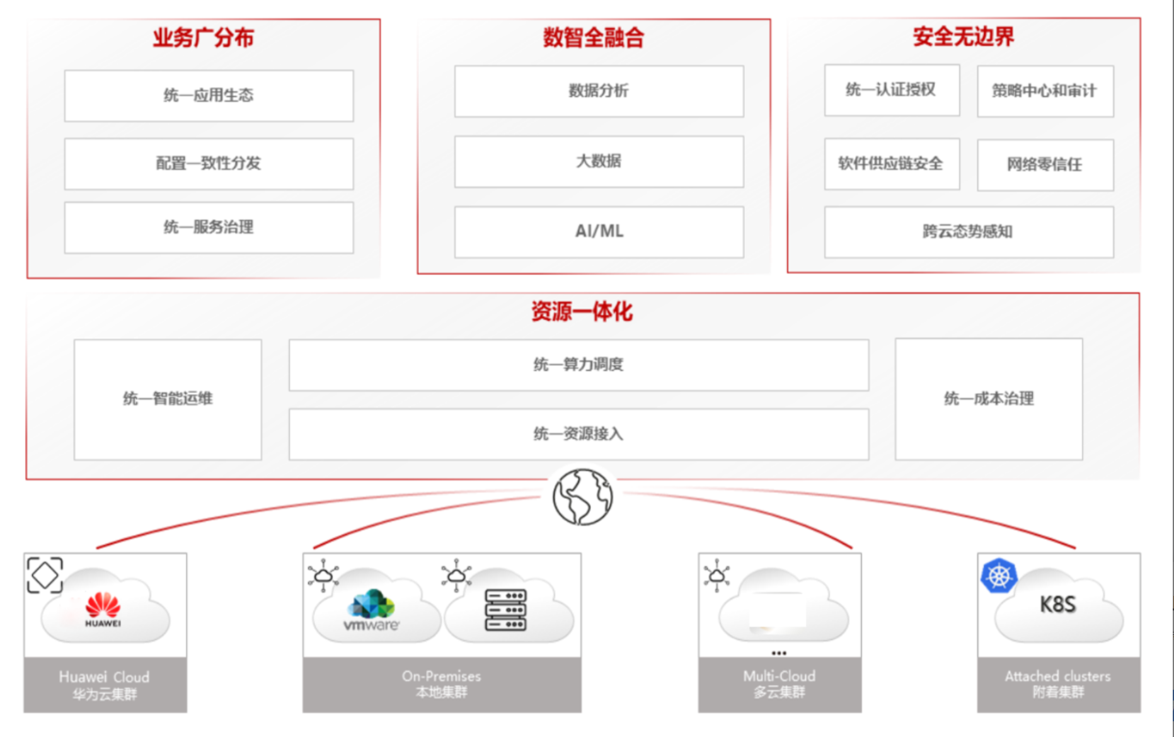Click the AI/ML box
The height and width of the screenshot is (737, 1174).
[x=599, y=231]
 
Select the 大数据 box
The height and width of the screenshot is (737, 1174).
[x=599, y=161]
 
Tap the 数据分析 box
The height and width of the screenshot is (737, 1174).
[x=599, y=91]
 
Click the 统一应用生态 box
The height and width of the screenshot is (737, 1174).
[x=209, y=95]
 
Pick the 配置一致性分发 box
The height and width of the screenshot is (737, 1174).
[x=209, y=164]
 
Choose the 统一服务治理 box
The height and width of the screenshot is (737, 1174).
[x=209, y=227]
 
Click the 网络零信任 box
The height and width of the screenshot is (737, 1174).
[x=1045, y=164]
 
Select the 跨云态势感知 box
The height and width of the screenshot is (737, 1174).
[x=969, y=232]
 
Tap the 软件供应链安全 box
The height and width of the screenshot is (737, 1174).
[x=891, y=164]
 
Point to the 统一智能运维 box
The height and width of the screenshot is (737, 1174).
[x=168, y=399]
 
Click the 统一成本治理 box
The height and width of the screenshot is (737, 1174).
[x=989, y=399]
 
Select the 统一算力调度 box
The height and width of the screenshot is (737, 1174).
[x=578, y=365]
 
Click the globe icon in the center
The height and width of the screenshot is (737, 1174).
[x=582, y=496]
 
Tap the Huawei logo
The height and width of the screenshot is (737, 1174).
[x=103, y=608]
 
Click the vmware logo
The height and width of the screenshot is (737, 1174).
[x=372, y=610]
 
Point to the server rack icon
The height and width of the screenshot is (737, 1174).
[x=505, y=610]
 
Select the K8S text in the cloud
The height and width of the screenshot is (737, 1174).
[x=1057, y=605]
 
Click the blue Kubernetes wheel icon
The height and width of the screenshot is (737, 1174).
[x=999, y=576]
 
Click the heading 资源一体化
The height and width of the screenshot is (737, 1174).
[x=581, y=312]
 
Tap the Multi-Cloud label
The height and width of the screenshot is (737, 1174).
[x=780, y=677]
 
